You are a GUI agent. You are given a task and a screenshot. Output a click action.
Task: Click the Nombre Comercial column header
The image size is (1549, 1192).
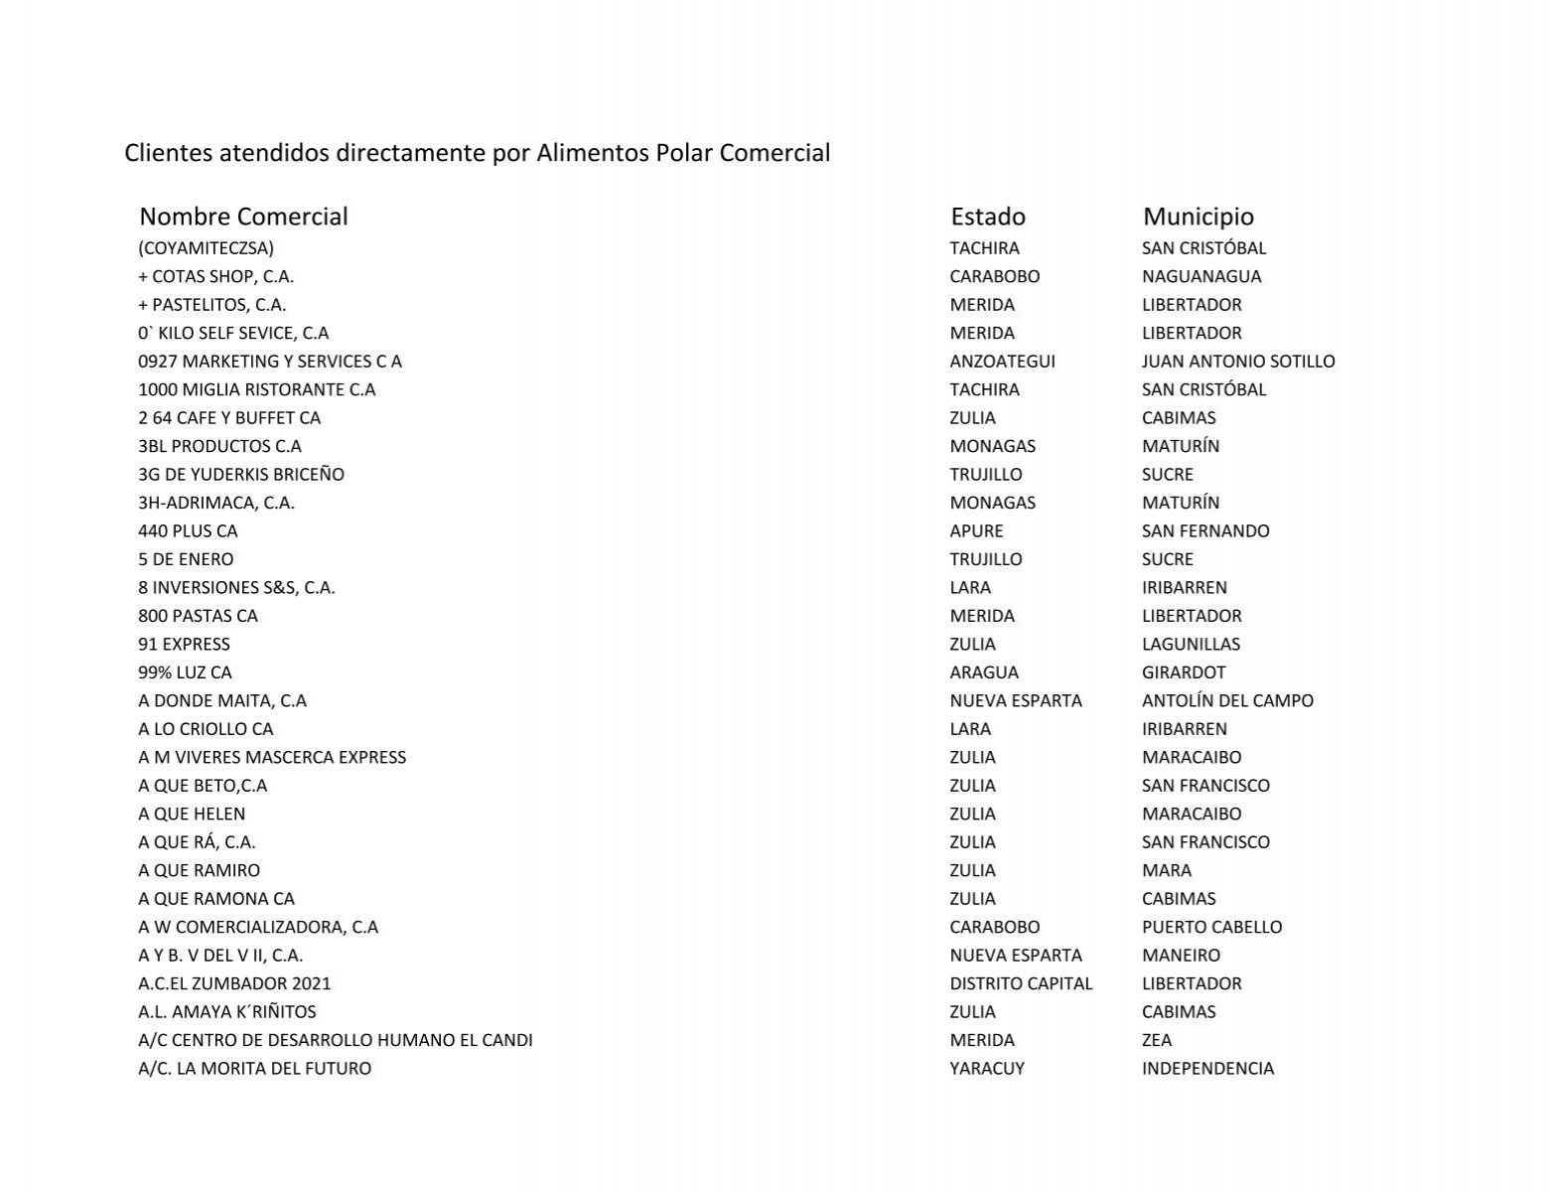pyautogui.click(x=243, y=217)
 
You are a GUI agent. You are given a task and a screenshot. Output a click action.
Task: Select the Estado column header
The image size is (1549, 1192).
pyautogui.click(x=988, y=217)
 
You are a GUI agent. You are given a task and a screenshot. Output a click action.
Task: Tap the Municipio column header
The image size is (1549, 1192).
pyautogui.click(x=1198, y=217)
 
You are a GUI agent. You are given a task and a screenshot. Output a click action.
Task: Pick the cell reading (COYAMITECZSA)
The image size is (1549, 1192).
pyautogui.click(x=207, y=248)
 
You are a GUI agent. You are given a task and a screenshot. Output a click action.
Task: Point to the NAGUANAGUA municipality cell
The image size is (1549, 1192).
pyautogui.click(x=1201, y=276)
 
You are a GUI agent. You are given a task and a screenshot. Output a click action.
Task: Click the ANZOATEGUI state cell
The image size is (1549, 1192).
pyautogui.click(x=1002, y=362)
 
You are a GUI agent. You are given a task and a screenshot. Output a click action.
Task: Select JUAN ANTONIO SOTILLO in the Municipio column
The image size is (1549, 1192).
pyautogui.click(x=1238, y=362)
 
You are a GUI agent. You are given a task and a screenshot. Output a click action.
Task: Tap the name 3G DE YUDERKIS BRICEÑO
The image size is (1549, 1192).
pyautogui.click(x=241, y=475)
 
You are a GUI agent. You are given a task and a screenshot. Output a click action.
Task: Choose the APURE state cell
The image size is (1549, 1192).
pyautogui.click(x=976, y=531)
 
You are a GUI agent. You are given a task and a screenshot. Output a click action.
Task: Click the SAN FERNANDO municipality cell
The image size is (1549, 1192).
pyautogui.click(x=1205, y=531)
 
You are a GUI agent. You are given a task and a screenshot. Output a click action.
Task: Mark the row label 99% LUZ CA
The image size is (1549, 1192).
pyautogui.click(x=185, y=672)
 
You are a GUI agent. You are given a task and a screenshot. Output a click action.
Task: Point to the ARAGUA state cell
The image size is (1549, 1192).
pyautogui.click(x=984, y=672)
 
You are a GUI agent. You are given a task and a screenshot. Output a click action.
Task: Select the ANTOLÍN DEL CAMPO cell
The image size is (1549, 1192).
pyautogui.click(x=1227, y=701)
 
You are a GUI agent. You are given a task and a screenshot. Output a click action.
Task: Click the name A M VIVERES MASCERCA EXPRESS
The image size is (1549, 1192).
pyautogui.click(x=272, y=758)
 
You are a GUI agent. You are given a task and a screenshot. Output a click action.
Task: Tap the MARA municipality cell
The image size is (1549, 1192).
pyautogui.click(x=1167, y=871)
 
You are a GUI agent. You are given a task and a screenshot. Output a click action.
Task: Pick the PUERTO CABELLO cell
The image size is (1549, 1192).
pyautogui.click(x=1211, y=928)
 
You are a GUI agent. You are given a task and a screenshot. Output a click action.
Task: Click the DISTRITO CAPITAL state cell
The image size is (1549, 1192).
pyautogui.click(x=1021, y=984)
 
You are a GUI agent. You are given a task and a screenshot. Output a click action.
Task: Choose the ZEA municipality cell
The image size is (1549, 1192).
pyautogui.click(x=1157, y=1041)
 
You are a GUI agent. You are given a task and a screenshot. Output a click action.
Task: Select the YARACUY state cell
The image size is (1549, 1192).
pyautogui.click(x=987, y=1069)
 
